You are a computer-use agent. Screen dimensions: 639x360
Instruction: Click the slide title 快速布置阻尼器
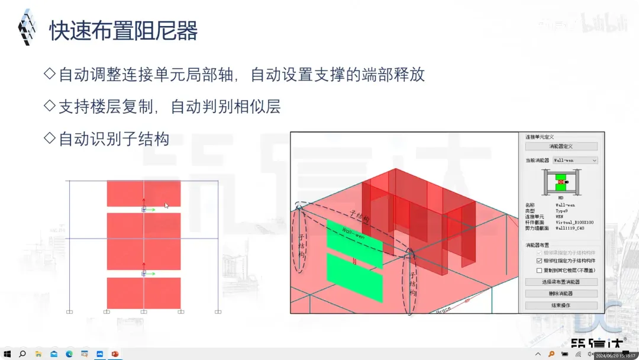[x=123, y=30]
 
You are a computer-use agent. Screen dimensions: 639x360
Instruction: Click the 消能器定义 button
[x=561, y=146]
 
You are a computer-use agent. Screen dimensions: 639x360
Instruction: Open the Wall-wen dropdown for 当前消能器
[x=594, y=160]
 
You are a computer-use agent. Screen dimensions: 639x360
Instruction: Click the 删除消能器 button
[x=561, y=293]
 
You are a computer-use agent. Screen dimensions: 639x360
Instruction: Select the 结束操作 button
[x=561, y=305]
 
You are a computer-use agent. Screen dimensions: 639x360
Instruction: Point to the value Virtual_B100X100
[x=575, y=222]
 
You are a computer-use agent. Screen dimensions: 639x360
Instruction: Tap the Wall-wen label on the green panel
[x=353, y=230]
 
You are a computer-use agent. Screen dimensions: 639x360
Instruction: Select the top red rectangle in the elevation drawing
[x=144, y=194]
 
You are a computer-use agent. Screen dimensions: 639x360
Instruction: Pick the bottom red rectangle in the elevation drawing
[x=144, y=292]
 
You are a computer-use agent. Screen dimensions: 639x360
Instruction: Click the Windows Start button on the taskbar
[x=7, y=354]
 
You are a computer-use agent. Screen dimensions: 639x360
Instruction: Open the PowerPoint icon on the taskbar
[x=115, y=354]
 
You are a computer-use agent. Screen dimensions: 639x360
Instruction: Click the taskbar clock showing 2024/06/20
[x=615, y=355]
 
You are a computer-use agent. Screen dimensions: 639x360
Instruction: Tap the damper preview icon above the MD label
[x=560, y=181]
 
